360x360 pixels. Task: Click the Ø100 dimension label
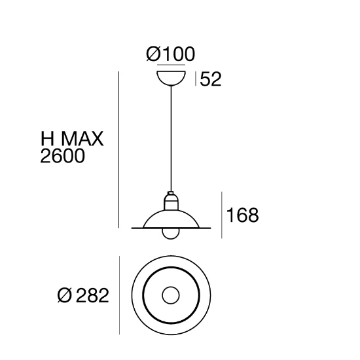pos(171,54)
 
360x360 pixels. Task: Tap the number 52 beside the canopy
pos(211,79)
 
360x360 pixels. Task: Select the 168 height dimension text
pos(242,215)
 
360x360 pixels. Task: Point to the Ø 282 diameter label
pos(83,295)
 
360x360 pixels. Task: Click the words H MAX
pos(72,139)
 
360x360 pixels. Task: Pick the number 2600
pos(62,156)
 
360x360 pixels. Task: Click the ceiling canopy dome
pos(171,79)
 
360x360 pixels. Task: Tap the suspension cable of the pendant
pos(171,139)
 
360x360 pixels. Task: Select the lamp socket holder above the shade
pos(171,201)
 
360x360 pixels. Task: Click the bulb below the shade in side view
pos(171,234)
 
